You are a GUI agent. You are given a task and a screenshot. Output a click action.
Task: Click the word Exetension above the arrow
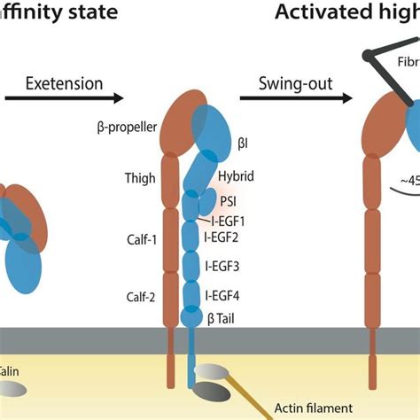click(x=65, y=84)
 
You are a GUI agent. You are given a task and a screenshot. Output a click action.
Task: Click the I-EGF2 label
click(x=226, y=237)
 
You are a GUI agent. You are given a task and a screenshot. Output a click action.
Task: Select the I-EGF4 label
click(x=226, y=295)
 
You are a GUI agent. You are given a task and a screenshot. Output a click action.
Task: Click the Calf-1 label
click(x=139, y=237)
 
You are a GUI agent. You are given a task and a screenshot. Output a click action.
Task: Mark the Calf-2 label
click(x=139, y=297)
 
